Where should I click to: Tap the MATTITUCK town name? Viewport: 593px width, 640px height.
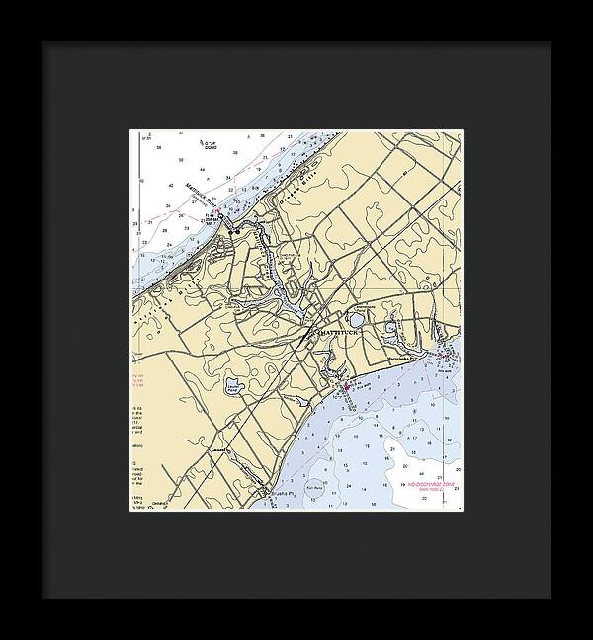(340, 333)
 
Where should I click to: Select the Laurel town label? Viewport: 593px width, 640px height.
(218, 449)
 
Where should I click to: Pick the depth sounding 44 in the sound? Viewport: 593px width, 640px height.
(228, 179)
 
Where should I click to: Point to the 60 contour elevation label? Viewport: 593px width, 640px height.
(406, 174)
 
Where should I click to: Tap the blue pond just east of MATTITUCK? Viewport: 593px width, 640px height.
(357, 319)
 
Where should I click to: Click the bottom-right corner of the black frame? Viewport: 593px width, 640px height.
(551, 598)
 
